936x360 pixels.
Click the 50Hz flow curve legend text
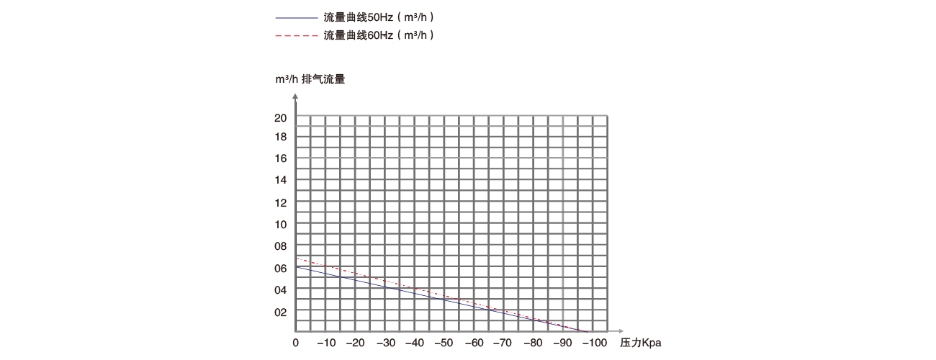(379, 17)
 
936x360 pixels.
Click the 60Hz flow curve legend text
(379, 35)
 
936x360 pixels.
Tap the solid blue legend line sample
(296, 17)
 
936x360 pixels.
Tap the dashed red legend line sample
(296, 35)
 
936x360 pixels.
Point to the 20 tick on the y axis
(281, 118)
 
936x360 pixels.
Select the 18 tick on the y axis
(281, 136)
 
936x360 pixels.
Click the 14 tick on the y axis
(281, 180)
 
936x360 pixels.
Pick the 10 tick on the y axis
(281, 224)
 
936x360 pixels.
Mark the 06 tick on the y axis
(281, 268)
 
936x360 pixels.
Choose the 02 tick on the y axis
(281, 312)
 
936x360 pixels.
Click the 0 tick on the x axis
(296, 343)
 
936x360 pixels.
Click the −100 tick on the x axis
(594, 343)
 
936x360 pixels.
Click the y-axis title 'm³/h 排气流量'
(310, 79)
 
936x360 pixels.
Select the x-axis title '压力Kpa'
(640, 343)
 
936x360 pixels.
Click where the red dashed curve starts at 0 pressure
(297, 259)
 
